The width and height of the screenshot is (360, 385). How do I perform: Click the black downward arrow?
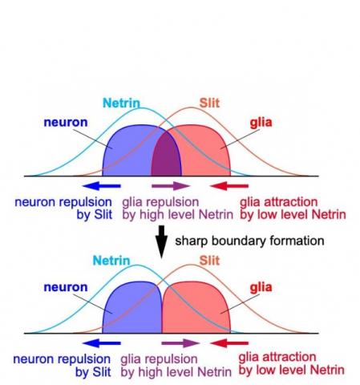161,241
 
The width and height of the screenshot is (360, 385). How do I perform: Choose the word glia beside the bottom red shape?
261,286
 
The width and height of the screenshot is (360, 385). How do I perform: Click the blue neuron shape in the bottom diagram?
132,309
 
